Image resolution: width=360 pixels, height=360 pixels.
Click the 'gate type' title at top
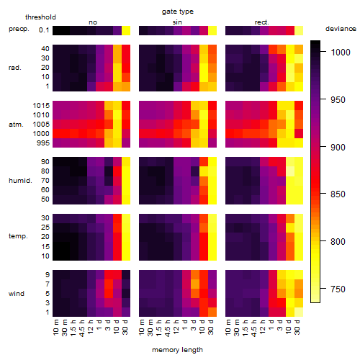tap(178, 12)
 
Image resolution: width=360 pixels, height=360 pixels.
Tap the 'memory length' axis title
tap(177, 350)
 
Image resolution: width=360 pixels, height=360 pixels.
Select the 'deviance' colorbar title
tap(341, 29)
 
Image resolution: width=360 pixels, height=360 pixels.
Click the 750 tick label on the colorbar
tap(338, 289)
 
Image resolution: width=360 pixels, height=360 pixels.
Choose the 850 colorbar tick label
tap(338, 194)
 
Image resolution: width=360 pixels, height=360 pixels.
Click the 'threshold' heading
tap(40, 17)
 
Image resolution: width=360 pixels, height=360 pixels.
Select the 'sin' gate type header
tap(177, 22)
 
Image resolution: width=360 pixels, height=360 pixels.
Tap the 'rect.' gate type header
tap(261, 22)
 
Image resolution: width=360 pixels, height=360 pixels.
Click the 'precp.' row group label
tap(19, 29)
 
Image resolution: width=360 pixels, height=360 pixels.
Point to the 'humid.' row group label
tap(20, 180)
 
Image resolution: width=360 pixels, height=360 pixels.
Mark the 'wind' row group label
tap(17, 294)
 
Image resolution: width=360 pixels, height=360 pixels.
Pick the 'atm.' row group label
tap(16, 125)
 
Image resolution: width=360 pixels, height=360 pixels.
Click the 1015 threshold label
tap(41, 105)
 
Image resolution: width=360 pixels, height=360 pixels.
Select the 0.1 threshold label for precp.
tap(44, 30)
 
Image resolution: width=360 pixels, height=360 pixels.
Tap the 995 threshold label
tap(43, 143)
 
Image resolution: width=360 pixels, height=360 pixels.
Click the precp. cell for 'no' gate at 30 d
tap(126, 30)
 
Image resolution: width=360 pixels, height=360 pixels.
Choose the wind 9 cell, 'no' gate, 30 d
tap(126, 275)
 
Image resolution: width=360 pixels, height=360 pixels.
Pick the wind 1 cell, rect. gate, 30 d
tap(299, 312)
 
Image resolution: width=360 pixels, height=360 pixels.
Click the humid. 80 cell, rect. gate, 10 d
tap(290, 171)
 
